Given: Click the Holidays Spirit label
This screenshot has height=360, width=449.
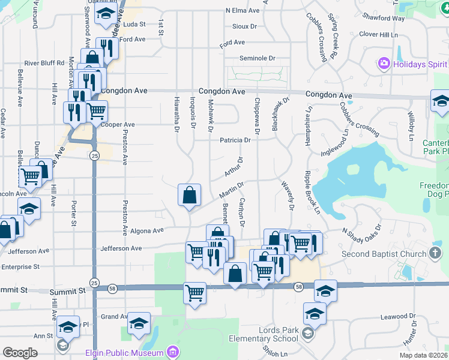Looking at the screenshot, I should coord(419,64).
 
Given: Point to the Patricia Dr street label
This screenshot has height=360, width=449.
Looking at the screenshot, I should coord(235,140).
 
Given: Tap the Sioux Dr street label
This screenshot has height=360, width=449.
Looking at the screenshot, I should coord(244,26).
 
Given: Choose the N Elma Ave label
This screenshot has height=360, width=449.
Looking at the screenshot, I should coord(243,10).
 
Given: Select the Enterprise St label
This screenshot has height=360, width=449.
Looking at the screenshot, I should coord(20,266).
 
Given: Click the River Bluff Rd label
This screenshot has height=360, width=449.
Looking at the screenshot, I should coord(44,63).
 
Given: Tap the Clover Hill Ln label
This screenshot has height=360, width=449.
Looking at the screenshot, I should coord(378,35).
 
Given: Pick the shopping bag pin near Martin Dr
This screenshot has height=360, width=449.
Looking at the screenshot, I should coord(189,195).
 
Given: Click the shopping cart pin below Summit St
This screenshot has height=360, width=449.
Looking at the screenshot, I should coord(194,293).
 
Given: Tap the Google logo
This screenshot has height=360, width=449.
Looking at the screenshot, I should coord(20,352).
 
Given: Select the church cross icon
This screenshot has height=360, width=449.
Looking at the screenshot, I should coord(436,253).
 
